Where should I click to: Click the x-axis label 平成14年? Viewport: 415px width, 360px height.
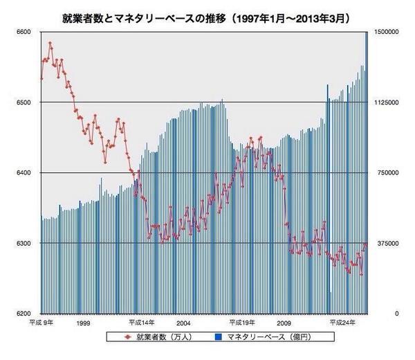141,323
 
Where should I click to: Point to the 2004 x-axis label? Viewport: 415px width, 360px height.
183,323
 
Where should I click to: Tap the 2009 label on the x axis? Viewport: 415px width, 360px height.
283,323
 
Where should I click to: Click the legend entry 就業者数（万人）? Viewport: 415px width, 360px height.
158,337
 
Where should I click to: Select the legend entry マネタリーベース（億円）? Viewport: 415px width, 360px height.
264,337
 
